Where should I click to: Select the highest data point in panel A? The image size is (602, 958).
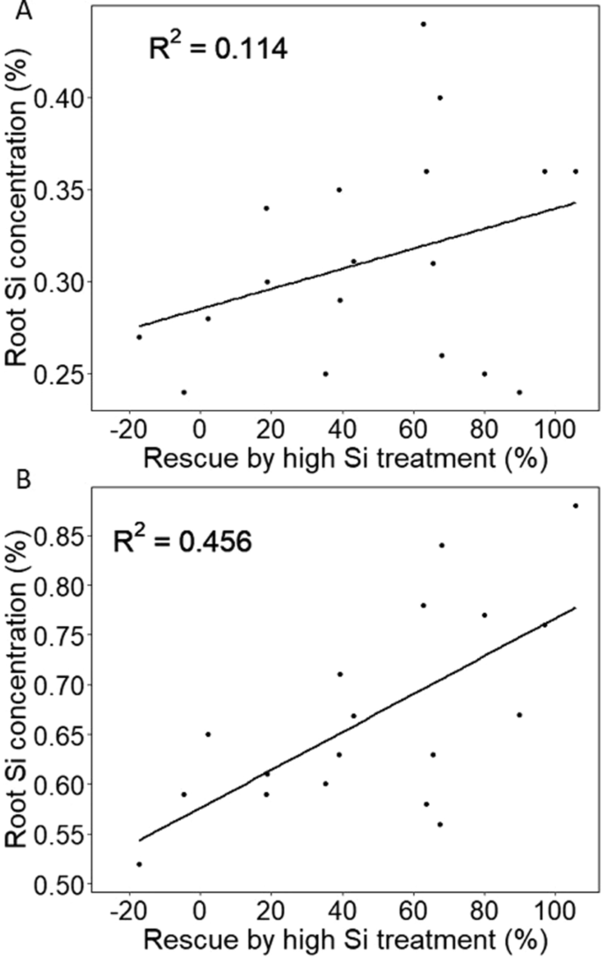click(423, 24)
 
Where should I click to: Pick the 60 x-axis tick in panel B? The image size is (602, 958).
click(412, 907)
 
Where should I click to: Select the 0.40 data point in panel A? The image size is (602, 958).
click(440, 97)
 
